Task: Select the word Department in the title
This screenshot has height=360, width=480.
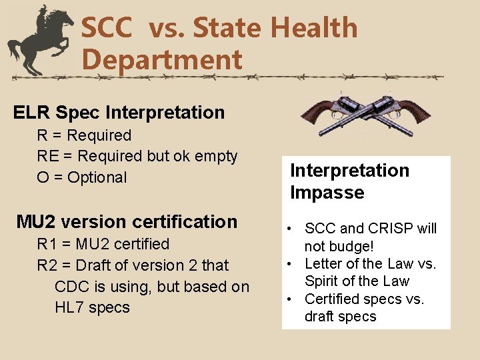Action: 161,60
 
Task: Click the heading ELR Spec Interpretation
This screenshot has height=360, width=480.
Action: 119,112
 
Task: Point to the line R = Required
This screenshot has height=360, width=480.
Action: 84,135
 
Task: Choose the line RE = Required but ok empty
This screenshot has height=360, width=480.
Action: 137,156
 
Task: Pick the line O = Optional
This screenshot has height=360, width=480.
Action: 81,177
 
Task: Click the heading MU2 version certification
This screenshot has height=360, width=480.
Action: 127,221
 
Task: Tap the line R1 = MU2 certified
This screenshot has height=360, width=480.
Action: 103,244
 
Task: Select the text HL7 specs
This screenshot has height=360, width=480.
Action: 92,308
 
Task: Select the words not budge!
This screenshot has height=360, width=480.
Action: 339,246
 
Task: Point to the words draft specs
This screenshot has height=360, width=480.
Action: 340,316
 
